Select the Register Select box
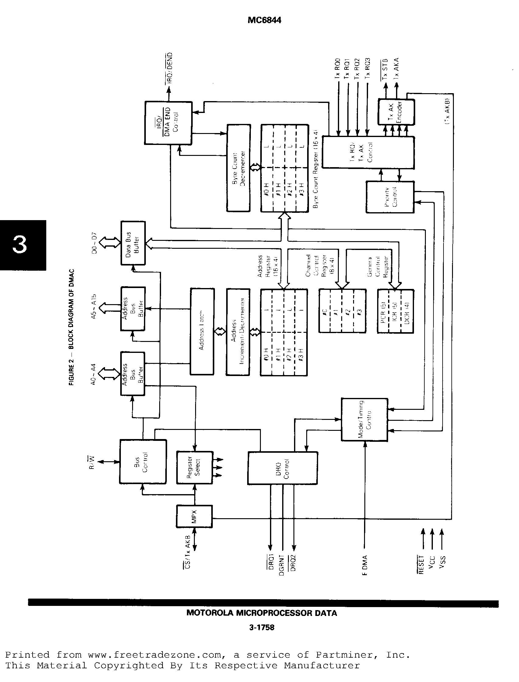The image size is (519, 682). [194, 468]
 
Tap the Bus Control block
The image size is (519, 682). [143, 462]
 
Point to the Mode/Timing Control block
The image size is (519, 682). [364, 419]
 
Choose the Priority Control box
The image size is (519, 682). [390, 197]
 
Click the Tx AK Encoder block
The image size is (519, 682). [396, 112]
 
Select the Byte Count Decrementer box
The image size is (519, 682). [238, 168]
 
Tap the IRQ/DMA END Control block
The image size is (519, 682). [168, 123]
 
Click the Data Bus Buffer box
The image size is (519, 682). [133, 243]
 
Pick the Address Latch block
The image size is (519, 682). [202, 331]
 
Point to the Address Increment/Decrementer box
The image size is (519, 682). [237, 332]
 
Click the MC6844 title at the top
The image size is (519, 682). [264, 20]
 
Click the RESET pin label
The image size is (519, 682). [421, 564]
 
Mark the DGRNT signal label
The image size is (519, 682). [282, 564]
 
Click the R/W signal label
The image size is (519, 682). [92, 462]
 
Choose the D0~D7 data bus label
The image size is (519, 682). [94, 243]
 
